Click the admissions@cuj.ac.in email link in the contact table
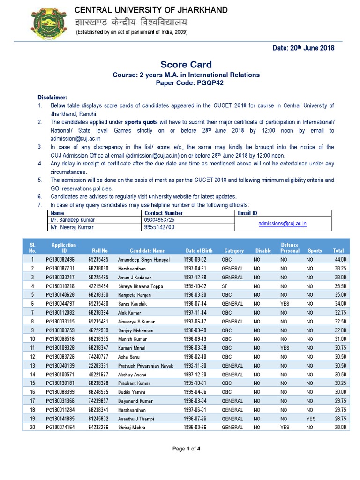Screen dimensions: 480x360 pyautogui.click(x=282, y=224)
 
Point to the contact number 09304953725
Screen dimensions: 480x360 pyautogui.click(x=160, y=220)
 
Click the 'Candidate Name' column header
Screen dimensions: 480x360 pyautogui.click(x=147, y=251)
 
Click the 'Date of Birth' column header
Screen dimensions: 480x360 pyautogui.click(x=198, y=251)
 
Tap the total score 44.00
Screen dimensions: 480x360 pyautogui.click(x=340, y=259)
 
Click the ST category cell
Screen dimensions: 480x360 pyautogui.click(x=225, y=286)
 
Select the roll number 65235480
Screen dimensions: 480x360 pyautogui.click(x=98, y=304)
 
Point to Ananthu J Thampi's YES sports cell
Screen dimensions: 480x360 pyautogui.click(x=311, y=419)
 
